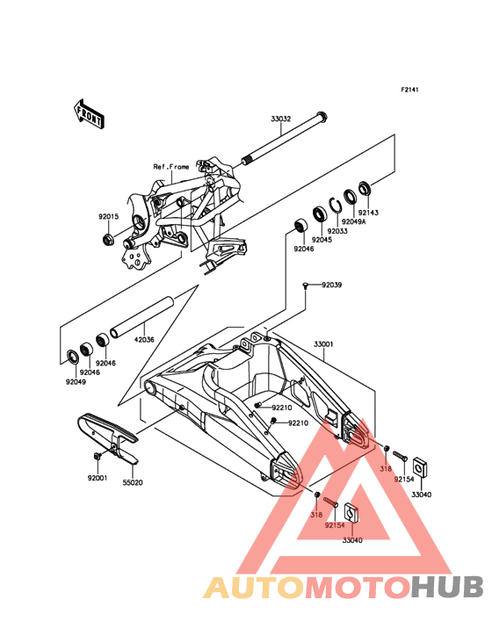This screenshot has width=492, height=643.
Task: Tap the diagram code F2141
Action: (409, 90)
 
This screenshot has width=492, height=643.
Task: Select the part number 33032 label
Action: (281, 119)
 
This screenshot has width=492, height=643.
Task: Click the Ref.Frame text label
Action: (171, 167)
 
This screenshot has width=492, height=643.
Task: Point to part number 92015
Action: (108, 216)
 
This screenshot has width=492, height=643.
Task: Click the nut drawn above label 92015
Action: (109, 238)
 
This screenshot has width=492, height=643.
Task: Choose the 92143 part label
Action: (368, 213)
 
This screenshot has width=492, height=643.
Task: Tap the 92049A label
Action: (353, 222)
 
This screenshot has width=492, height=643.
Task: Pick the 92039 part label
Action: (332, 285)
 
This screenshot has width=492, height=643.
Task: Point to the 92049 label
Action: (76, 382)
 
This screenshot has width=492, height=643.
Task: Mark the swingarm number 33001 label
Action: (323, 344)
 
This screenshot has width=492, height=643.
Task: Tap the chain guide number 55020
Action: (133, 482)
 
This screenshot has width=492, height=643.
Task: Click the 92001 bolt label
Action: (98, 478)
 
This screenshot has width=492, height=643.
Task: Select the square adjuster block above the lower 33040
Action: (351, 511)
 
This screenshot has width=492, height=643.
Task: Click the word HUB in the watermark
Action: (448, 588)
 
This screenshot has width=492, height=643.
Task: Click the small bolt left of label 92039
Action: (306, 285)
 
